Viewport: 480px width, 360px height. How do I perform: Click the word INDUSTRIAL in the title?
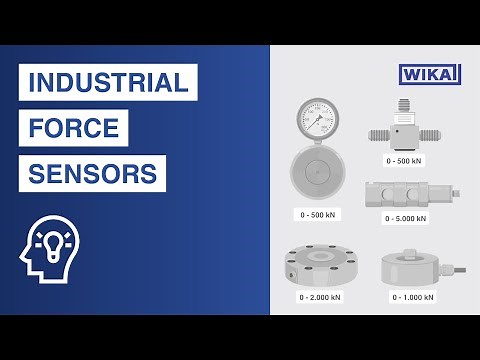coord(108,82)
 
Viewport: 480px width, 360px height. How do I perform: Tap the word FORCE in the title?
coord(74,128)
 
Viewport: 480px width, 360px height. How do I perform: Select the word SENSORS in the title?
coord(92,174)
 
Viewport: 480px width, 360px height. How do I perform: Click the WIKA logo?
coord(429,75)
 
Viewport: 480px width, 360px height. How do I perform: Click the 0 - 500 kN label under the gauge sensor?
coord(318,214)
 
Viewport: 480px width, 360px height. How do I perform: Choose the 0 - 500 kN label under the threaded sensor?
coord(405,160)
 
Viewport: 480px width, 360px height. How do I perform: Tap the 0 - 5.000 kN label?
coord(405,218)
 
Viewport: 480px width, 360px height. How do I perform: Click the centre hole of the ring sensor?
coord(319,255)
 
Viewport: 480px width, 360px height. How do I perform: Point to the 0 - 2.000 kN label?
coord(319,297)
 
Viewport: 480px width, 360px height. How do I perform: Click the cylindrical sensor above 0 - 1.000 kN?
coord(412,267)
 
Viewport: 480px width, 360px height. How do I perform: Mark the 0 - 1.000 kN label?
coord(413,297)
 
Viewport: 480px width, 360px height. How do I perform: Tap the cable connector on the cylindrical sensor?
coord(458,269)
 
